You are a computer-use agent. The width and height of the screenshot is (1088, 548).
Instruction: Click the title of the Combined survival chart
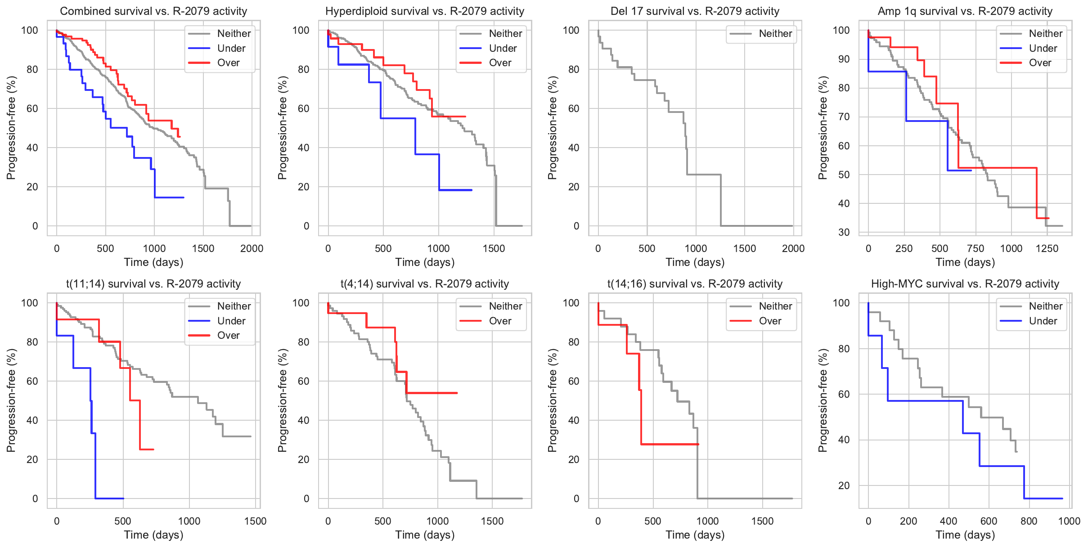(153, 11)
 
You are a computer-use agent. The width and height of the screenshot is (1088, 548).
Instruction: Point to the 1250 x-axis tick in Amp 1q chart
(1047, 248)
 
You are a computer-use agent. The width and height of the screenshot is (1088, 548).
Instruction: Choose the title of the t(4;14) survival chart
(425, 284)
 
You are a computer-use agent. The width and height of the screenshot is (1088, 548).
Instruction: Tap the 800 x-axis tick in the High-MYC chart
(1029, 521)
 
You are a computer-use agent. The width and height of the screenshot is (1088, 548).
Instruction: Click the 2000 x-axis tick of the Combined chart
(252, 248)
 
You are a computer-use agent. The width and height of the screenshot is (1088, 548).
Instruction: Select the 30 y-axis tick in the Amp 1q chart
(844, 232)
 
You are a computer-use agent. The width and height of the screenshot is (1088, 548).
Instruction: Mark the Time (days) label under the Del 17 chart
(695, 262)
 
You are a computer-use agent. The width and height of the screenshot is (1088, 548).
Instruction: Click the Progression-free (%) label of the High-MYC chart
(823, 400)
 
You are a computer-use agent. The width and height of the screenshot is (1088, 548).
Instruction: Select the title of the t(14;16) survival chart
(695, 284)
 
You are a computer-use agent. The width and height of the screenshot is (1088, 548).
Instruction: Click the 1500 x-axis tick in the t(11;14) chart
(255, 521)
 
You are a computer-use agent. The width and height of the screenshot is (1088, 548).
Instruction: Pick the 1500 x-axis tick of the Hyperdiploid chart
(494, 248)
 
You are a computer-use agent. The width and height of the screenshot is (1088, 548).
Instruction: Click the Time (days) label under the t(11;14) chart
(153, 535)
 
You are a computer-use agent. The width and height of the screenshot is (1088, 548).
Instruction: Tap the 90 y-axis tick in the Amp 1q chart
(844, 59)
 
